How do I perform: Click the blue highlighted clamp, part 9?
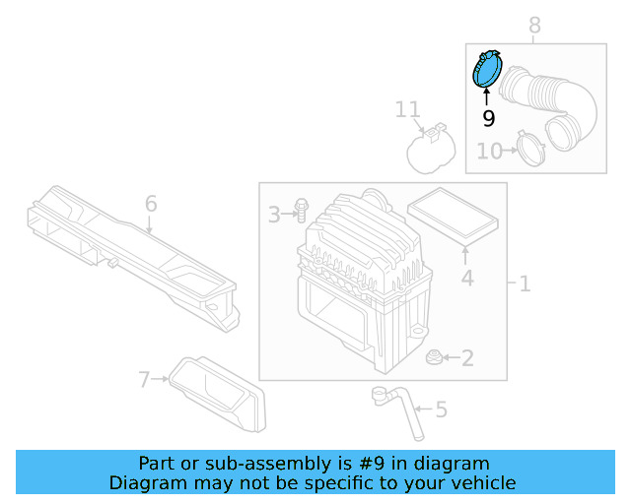(x=487, y=70)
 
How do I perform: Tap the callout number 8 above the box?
(x=534, y=25)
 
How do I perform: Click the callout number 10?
(x=489, y=151)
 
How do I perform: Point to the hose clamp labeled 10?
(x=533, y=151)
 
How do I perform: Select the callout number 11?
(x=408, y=109)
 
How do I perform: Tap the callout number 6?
(x=151, y=204)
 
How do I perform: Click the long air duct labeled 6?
(x=128, y=251)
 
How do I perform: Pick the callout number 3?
(x=275, y=214)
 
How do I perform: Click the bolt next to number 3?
(x=301, y=211)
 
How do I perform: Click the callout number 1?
(x=525, y=284)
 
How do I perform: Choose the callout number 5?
(x=441, y=409)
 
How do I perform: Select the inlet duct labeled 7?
(x=222, y=394)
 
